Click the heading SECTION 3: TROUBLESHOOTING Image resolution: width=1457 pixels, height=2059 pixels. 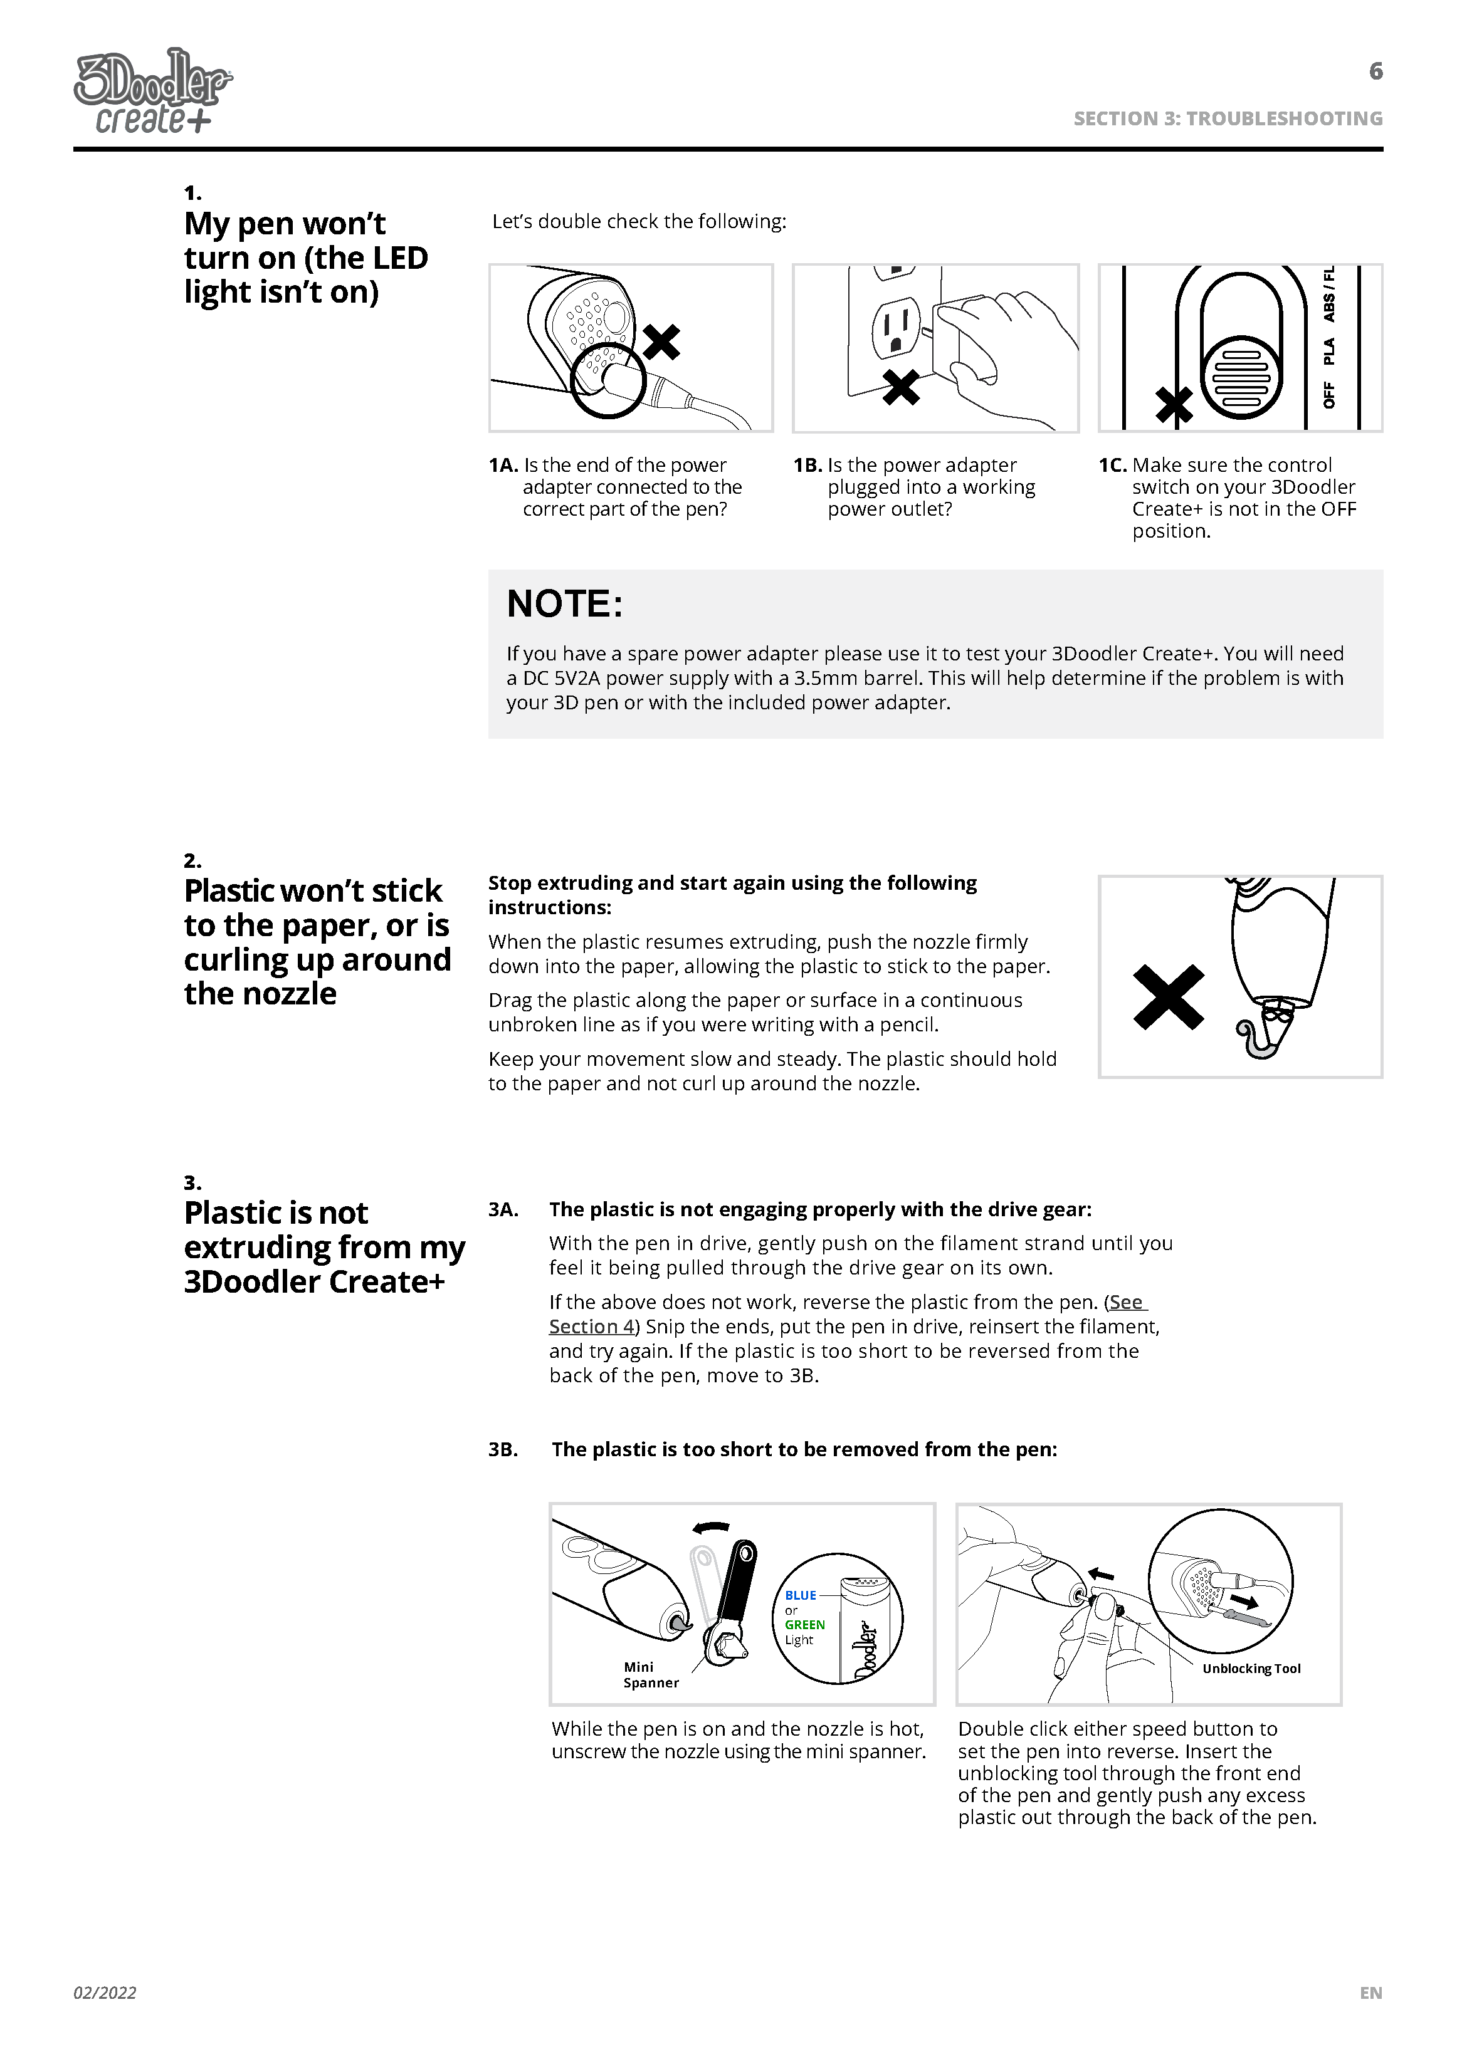[1228, 118]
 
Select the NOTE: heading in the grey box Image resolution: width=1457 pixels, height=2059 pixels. [564, 605]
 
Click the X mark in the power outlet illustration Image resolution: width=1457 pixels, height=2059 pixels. [901, 387]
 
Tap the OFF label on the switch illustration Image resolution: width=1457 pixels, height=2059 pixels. [1328, 395]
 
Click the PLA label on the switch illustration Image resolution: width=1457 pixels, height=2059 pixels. [1328, 351]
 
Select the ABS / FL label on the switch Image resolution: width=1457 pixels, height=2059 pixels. [1328, 294]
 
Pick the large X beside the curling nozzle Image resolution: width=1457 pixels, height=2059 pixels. [1168, 997]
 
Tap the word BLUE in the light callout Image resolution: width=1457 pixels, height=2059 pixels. [800, 1595]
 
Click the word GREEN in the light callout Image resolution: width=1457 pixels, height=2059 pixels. [805, 1625]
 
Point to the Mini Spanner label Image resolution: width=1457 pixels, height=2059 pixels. [651, 1675]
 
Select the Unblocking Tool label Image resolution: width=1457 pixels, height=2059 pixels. [1251, 1669]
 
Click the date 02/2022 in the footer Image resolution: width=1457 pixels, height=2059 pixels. [105, 1993]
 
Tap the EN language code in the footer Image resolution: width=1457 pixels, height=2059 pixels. [1370, 1993]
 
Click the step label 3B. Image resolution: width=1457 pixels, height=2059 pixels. [503, 1450]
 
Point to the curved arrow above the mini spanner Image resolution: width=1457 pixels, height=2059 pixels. [712, 1527]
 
